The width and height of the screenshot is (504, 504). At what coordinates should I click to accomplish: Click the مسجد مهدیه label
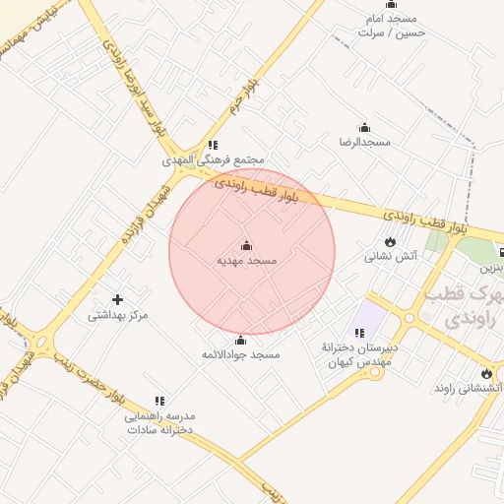[247, 261]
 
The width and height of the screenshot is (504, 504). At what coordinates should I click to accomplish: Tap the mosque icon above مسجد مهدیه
[246, 245]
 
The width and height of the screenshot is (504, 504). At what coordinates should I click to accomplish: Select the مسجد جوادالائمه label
[241, 353]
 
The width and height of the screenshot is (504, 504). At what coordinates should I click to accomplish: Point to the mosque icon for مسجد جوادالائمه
[241, 340]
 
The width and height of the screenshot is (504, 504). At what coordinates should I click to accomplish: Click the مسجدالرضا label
[365, 142]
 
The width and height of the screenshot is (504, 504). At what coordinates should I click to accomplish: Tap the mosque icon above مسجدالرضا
[365, 127]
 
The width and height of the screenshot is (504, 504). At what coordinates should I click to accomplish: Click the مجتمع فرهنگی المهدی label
[214, 159]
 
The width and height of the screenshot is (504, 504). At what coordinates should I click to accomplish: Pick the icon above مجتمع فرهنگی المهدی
[214, 145]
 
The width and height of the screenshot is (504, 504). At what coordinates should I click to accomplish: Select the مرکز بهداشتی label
[118, 315]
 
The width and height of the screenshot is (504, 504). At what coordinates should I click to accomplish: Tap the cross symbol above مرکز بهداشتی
[118, 299]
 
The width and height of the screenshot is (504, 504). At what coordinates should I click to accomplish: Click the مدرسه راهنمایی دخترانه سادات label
[158, 423]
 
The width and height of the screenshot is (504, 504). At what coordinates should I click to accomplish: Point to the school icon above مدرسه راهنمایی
[159, 401]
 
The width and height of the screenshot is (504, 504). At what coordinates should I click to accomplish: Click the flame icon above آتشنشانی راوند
[485, 373]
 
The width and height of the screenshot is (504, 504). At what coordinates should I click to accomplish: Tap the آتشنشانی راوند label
[469, 389]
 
